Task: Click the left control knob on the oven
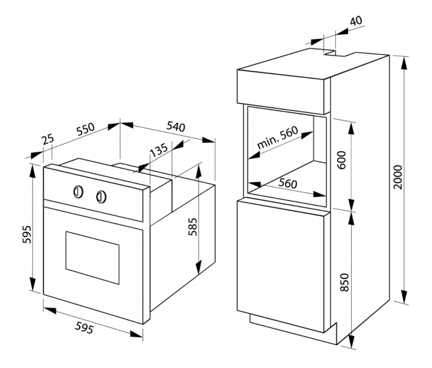click(78, 191)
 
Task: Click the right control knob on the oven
click(101, 197)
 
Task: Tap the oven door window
click(93, 257)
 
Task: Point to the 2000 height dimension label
click(397, 177)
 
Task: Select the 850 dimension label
click(344, 282)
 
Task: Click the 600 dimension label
click(341, 160)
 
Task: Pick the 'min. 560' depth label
click(277, 137)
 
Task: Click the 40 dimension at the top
click(356, 20)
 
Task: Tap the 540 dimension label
click(176, 127)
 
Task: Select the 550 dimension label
click(85, 129)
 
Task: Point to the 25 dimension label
click(48, 139)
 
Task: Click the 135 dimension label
click(158, 150)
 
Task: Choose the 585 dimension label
click(193, 227)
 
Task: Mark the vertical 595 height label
click(27, 235)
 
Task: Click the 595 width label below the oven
click(84, 328)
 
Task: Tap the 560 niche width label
click(288, 183)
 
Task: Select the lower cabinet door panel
click(281, 266)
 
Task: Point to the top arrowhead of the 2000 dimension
click(404, 63)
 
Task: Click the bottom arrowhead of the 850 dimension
click(352, 341)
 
